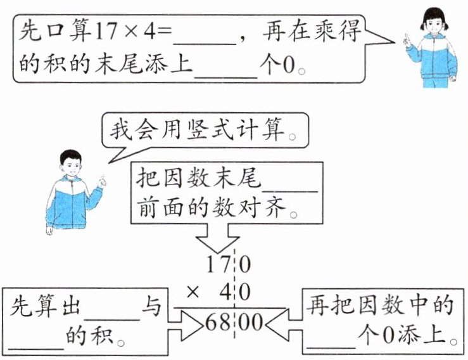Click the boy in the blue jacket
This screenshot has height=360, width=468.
70,190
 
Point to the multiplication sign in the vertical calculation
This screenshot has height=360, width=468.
194,293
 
